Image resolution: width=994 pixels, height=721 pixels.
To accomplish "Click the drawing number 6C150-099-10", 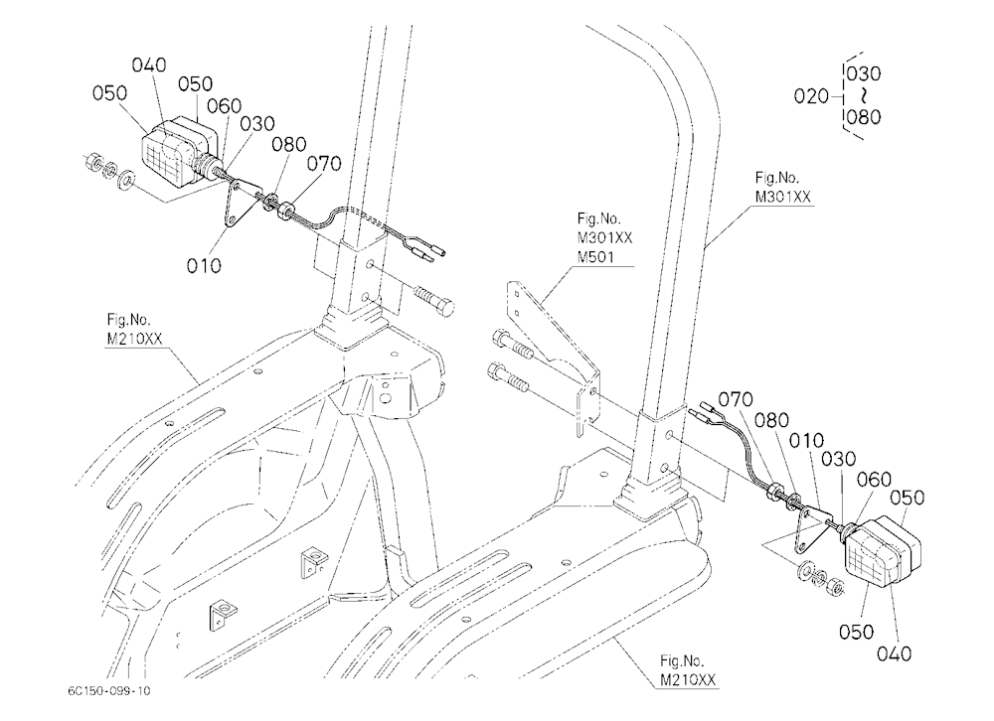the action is click(x=109, y=690).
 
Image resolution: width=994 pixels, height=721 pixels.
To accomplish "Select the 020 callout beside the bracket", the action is click(x=811, y=96).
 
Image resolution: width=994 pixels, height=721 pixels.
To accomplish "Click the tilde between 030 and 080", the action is click(x=864, y=95).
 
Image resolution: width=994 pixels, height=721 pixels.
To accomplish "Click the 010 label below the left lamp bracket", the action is click(x=204, y=265).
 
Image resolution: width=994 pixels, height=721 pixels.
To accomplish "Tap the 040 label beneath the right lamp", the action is click(x=894, y=653).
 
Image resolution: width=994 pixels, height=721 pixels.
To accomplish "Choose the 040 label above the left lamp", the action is click(x=149, y=65).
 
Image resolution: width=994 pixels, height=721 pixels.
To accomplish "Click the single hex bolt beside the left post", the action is click(x=434, y=302).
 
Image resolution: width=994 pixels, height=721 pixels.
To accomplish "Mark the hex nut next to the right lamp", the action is click(x=836, y=586).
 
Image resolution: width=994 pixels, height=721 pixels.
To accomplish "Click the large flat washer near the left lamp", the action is click(x=126, y=180).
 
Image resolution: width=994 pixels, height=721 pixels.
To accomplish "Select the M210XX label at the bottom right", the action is click(x=688, y=680).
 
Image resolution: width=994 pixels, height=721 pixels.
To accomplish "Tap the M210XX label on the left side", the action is click(x=134, y=339).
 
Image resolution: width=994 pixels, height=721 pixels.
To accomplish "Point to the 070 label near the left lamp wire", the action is click(x=324, y=164).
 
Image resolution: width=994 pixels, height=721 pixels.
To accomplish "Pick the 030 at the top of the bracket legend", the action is click(x=864, y=74).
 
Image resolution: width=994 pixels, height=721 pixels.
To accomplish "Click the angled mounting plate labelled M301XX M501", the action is click(x=558, y=355).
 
